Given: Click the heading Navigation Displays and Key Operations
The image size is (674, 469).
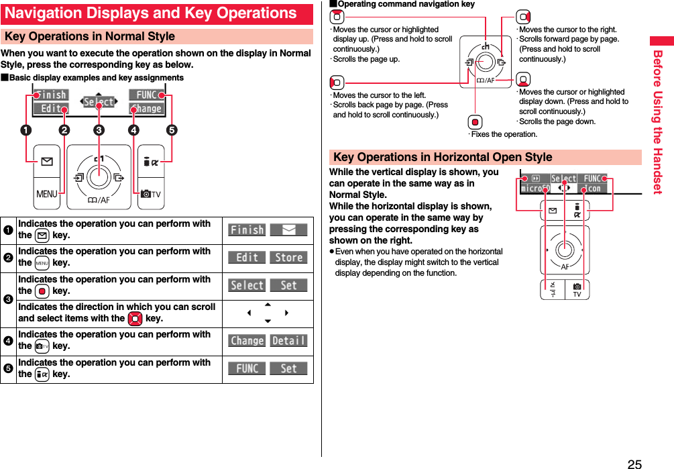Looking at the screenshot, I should coord(151,13).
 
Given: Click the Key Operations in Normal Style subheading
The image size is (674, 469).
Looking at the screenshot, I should coord(90,36).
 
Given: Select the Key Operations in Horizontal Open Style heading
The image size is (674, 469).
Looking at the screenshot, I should coord(443,157).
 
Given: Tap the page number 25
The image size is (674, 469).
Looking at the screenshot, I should coord(634,464).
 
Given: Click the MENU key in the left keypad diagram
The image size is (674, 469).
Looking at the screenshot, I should coord(47,194).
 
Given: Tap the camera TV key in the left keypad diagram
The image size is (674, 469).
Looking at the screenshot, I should coord(151,194).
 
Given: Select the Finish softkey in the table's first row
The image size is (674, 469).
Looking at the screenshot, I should coord(247,230).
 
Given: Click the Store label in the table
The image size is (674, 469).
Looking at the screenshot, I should coord(288,258).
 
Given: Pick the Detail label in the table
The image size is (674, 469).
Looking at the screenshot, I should coord(288,341).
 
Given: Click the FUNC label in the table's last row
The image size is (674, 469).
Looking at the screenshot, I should coord(247,368).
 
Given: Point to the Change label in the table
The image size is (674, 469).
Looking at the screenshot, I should coord(247,341).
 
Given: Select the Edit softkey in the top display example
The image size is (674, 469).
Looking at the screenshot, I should coord(51,109).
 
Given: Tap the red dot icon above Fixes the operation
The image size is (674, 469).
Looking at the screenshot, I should coord(475,122).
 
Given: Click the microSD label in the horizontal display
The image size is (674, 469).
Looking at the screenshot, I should coord(536,189).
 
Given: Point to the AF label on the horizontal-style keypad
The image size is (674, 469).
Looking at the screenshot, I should coord(565,266).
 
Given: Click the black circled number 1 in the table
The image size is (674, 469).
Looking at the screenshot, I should coord(9,230).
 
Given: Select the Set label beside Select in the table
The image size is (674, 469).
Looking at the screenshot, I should coord(288,286).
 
